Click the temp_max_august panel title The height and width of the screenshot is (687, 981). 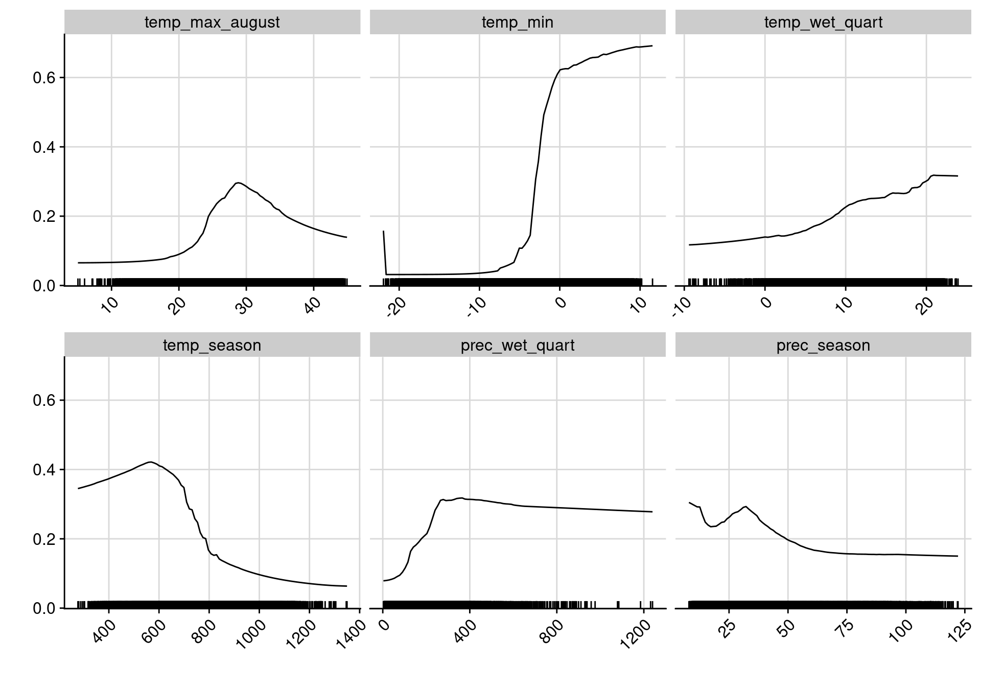pyautogui.click(x=212, y=22)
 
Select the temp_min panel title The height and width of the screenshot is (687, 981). pyautogui.click(x=517, y=22)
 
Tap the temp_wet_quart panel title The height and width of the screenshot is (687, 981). pyautogui.click(x=823, y=22)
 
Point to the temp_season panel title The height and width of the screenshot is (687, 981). pyautogui.click(x=212, y=346)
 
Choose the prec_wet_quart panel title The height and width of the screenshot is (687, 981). pyautogui.click(x=517, y=346)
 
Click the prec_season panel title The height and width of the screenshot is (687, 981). pyautogui.click(x=823, y=346)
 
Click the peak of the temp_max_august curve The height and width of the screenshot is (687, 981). pyautogui.click(x=238, y=182)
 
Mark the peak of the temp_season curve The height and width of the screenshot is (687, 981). pyautogui.click(x=151, y=462)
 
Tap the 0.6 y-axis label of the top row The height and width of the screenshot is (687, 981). pyautogui.click(x=44, y=78)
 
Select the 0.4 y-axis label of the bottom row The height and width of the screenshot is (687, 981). pyautogui.click(x=44, y=470)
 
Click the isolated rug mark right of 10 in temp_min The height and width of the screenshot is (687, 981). pyautogui.click(x=652, y=282)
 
